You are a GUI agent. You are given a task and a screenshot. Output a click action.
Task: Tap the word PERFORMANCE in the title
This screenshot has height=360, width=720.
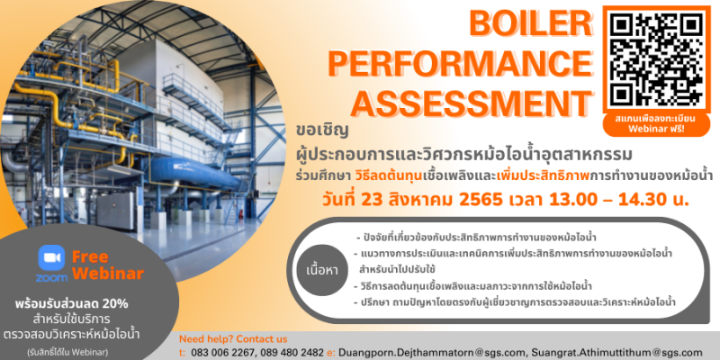click(461, 64)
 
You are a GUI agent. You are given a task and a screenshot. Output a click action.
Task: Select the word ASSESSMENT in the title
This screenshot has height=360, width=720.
click(474, 104)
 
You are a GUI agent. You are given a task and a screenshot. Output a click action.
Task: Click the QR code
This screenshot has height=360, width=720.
click(656, 58)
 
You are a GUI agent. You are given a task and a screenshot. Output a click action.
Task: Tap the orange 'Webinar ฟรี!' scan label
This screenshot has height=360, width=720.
click(656, 129)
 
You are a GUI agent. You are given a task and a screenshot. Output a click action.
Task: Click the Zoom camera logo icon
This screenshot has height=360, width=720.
click(51, 257)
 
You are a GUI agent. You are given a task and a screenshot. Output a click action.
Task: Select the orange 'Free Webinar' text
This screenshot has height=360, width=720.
click(108, 265)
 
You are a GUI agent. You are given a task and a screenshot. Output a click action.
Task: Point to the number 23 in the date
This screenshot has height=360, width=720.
click(370, 200)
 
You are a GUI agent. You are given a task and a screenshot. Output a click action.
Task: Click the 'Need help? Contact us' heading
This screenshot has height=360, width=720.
click(233, 339)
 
